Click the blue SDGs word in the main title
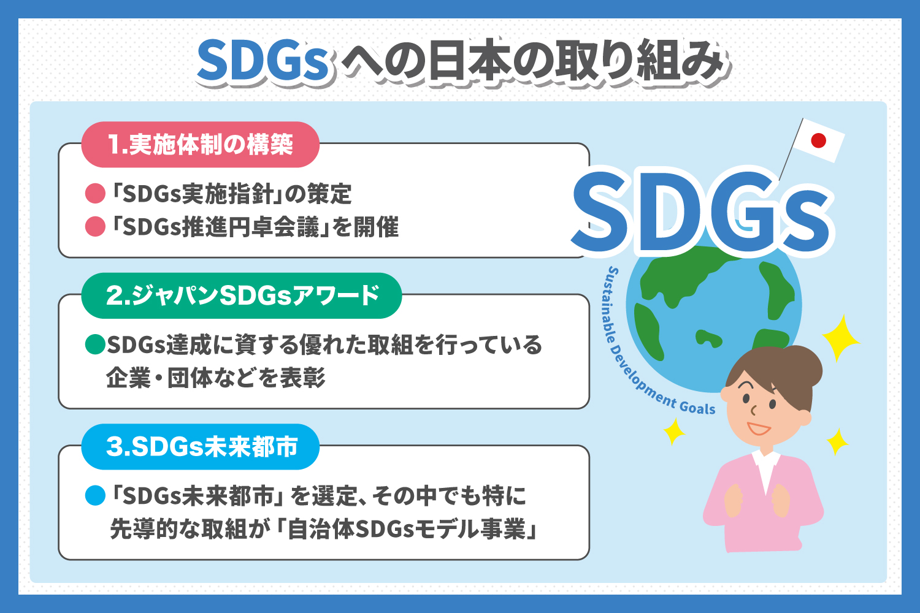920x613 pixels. [264, 62]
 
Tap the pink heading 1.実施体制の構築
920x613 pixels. [201, 145]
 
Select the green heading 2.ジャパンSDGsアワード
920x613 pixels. [242, 295]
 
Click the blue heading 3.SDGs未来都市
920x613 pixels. [201, 446]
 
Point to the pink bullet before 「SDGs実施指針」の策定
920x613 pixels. [95, 194]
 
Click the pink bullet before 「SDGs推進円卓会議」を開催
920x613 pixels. [95, 227]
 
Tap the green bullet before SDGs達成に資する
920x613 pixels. [95, 345]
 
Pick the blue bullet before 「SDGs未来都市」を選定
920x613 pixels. [95, 495]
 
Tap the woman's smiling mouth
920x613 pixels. [759, 428]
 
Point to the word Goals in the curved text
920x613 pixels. [697, 406]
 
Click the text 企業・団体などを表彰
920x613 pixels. [215, 378]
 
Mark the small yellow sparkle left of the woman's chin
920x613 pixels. [673, 430]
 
